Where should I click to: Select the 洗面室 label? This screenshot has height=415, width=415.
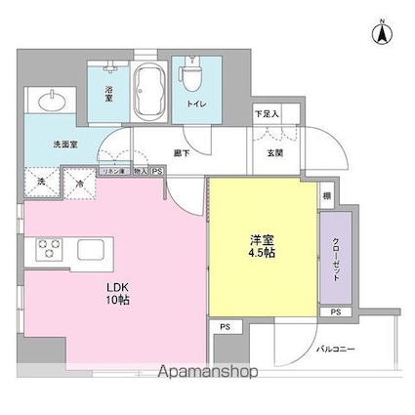pyautogui.click(x=65, y=144)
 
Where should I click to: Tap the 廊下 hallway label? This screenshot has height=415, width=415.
pyautogui.click(x=181, y=151)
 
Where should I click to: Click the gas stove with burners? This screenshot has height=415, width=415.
pyautogui.click(x=50, y=249)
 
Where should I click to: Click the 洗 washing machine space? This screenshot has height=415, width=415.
pyautogui.click(x=41, y=181)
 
